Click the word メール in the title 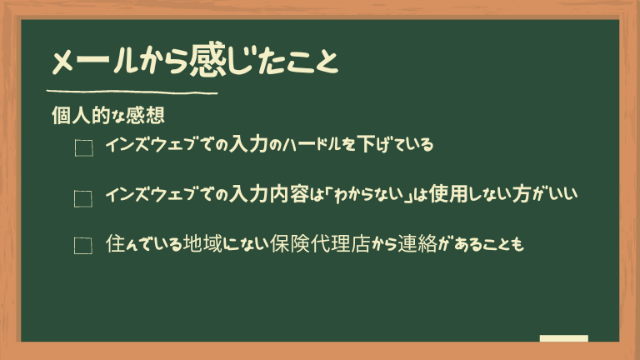pyautogui.click(x=93, y=62)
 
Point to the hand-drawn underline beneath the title pyautogui.click(x=132, y=92)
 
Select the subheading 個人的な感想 pyautogui.click(x=108, y=115)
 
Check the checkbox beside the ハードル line pyautogui.click(x=83, y=147)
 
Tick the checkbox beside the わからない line pyautogui.click(x=83, y=199)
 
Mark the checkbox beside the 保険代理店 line pyautogui.click(x=83, y=246)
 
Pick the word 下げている pyautogui.click(x=395, y=144)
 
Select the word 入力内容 pyautogui.click(x=268, y=194)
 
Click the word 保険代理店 pyautogui.click(x=320, y=243)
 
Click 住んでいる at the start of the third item pyautogui.click(x=143, y=243)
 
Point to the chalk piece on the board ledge pyautogui.click(x=563, y=338)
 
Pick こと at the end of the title pyautogui.click(x=312, y=62)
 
